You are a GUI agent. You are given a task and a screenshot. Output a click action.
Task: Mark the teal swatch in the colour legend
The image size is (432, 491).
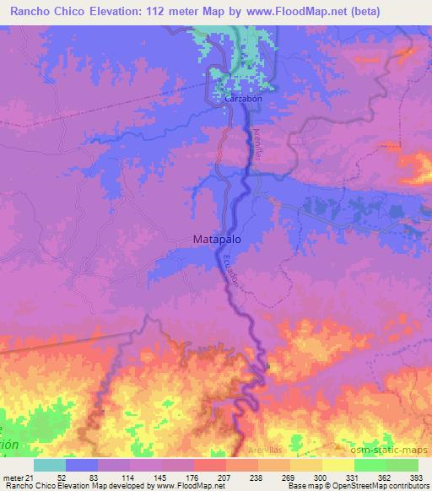pyautogui.click(x=50, y=465)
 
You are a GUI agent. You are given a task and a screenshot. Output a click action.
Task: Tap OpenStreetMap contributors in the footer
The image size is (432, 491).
pyautogui.click(x=385, y=486)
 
